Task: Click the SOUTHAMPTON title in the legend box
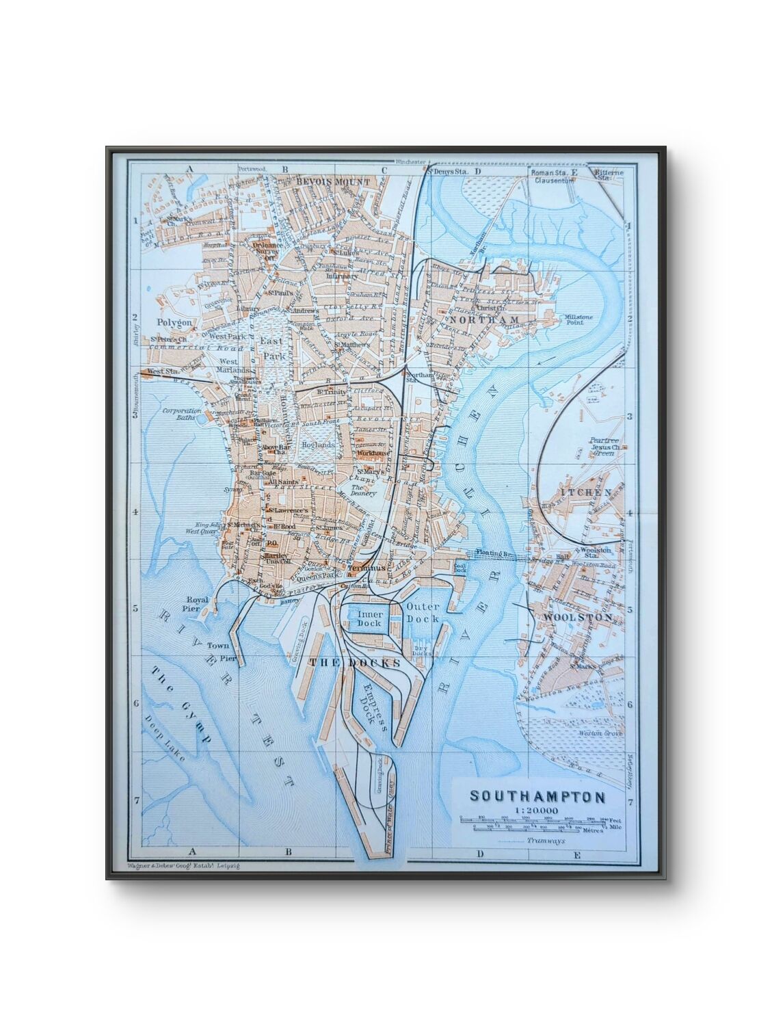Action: pyautogui.click(x=537, y=797)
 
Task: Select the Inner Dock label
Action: pyautogui.click(x=369, y=618)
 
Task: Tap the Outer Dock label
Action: pyautogui.click(x=423, y=612)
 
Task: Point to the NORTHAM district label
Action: pyautogui.click(x=481, y=319)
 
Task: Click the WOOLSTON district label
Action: pyautogui.click(x=578, y=617)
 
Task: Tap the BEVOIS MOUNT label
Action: pyautogui.click(x=334, y=181)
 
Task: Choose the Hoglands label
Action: pyautogui.click(x=318, y=445)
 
